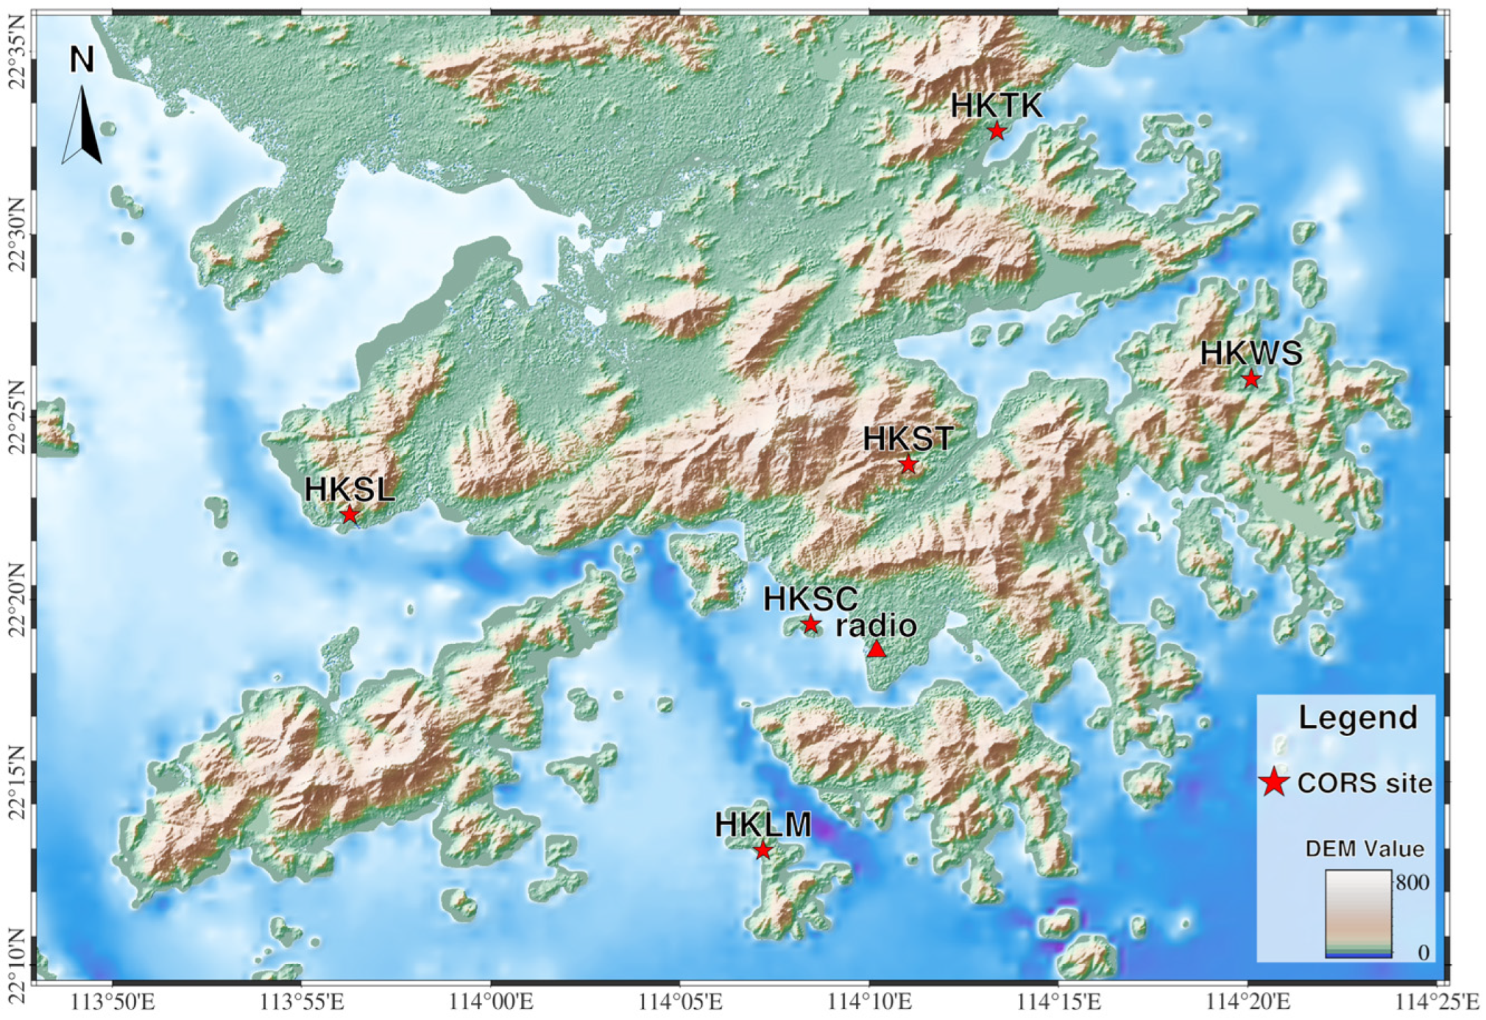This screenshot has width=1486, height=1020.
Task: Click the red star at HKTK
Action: (997, 130)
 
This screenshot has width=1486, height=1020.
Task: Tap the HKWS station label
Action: (1251, 354)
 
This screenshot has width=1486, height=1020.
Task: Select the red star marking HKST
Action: (908, 464)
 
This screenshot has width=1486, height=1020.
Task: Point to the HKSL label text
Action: (350, 490)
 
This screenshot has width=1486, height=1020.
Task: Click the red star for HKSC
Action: (810, 624)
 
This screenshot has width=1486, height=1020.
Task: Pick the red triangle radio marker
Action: (876, 650)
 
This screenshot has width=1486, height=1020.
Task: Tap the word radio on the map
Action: (876, 625)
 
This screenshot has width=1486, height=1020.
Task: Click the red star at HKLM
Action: (763, 850)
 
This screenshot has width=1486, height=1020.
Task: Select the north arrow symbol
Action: (82, 126)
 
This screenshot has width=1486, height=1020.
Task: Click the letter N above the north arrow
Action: (82, 61)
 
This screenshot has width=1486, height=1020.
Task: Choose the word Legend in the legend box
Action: (1358, 717)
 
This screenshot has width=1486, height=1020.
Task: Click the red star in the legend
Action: (1275, 782)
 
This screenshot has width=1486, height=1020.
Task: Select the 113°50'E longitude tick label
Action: (114, 1003)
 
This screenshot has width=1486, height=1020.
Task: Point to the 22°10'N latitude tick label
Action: (15, 955)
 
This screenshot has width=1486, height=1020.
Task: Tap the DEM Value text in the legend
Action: (1365, 848)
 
